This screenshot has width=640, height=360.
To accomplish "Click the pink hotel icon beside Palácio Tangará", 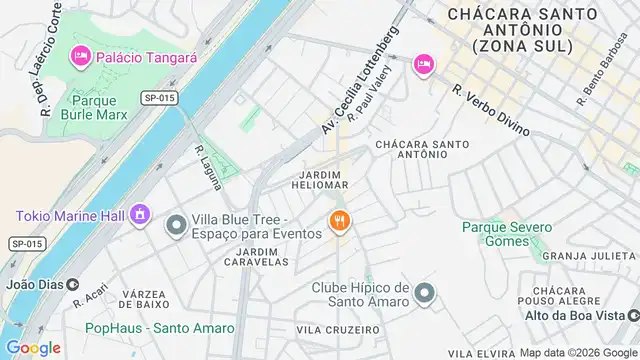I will pyautogui.click(x=79, y=58).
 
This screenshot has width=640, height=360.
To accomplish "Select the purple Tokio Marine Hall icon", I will pyautogui.click(x=140, y=215).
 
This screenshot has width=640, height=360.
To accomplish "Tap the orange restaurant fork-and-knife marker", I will pyautogui.click(x=340, y=222).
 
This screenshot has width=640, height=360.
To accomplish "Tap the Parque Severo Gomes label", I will pyautogui.click(x=506, y=233).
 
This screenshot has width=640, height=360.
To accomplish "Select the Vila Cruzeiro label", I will pyautogui.click(x=339, y=329).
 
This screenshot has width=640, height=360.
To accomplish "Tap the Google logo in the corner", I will pyautogui.click(x=32, y=348).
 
